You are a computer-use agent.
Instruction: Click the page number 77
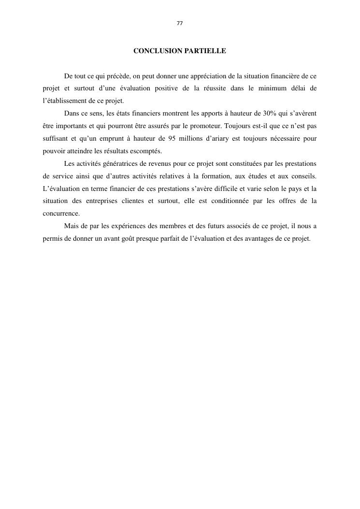tap(180, 23)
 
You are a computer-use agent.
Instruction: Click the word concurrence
tap(61, 213)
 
